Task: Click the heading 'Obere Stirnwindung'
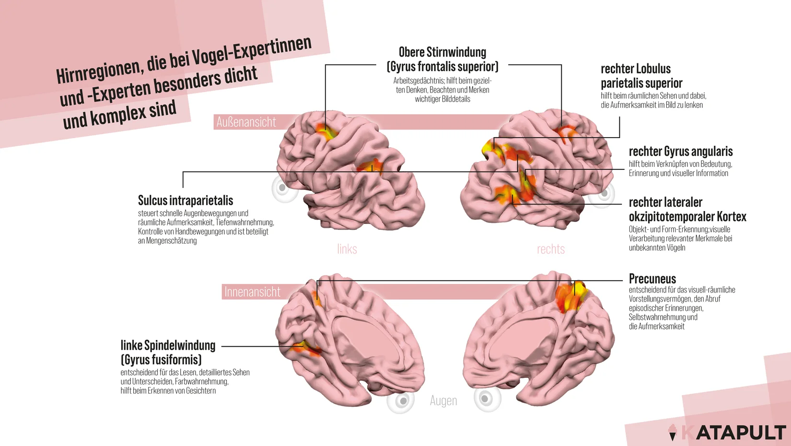pyautogui.click(x=442, y=52)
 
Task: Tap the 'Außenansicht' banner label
pyautogui.click(x=246, y=122)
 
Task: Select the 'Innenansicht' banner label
pyautogui.click(x=252, y=292)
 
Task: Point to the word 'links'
pyautogui.click(x=347, y=249)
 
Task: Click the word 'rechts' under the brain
pyautogui.click(x=550, y=249)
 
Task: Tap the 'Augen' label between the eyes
pyautogui.click(x=443, y=401)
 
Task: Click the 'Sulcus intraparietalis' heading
pyautogui.click(x=186, y=200)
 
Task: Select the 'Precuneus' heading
pyautogui.click(x=652, y=279)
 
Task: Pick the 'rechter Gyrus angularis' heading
pyautogui.click(x=680, y=152)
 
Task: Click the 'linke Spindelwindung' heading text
pyautogui.click(x=168, y=345)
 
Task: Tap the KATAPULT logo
pyautogui.click(x=727, y=432)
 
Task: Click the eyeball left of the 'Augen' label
pyautogui.click(x=401, y=400)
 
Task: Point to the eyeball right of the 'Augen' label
pyautogui.click(x=487, y=399)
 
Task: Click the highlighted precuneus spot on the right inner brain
pyautogui.click(x=571, y=297)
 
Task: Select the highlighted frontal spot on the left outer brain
pyautogui.click(x=326, y=132)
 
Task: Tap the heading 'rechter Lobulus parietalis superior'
pyautogui.click(x=641, y=76)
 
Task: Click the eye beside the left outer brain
pyautogui.click(x=283, y=188)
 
